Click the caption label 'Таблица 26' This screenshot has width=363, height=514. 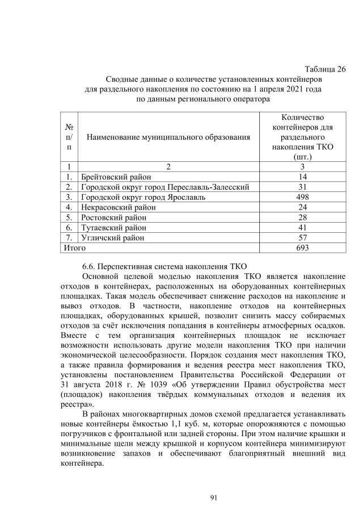coord(325,70)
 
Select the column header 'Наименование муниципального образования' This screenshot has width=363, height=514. coord(168,136)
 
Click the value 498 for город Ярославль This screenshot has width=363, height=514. coord(302,197)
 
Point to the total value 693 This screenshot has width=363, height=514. coord(302,248)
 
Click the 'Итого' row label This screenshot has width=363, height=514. coord(74,248)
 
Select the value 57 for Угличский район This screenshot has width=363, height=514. coord(302,238)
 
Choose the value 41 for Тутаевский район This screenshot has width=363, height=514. coord(302,228)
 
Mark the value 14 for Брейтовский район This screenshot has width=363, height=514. coord(302,177)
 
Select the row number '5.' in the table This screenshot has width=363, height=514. coord(69,218)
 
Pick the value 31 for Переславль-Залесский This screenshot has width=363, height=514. coord(302,187)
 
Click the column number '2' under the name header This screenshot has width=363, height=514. coord(168,167)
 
